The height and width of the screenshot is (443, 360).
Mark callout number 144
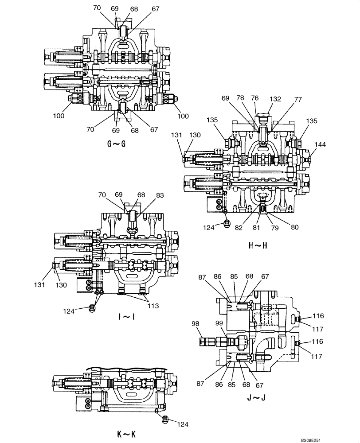(x=321, y=144)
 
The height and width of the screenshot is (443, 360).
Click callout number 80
(x=294, y=227)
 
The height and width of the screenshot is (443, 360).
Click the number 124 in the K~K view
(x=183, y=424)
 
